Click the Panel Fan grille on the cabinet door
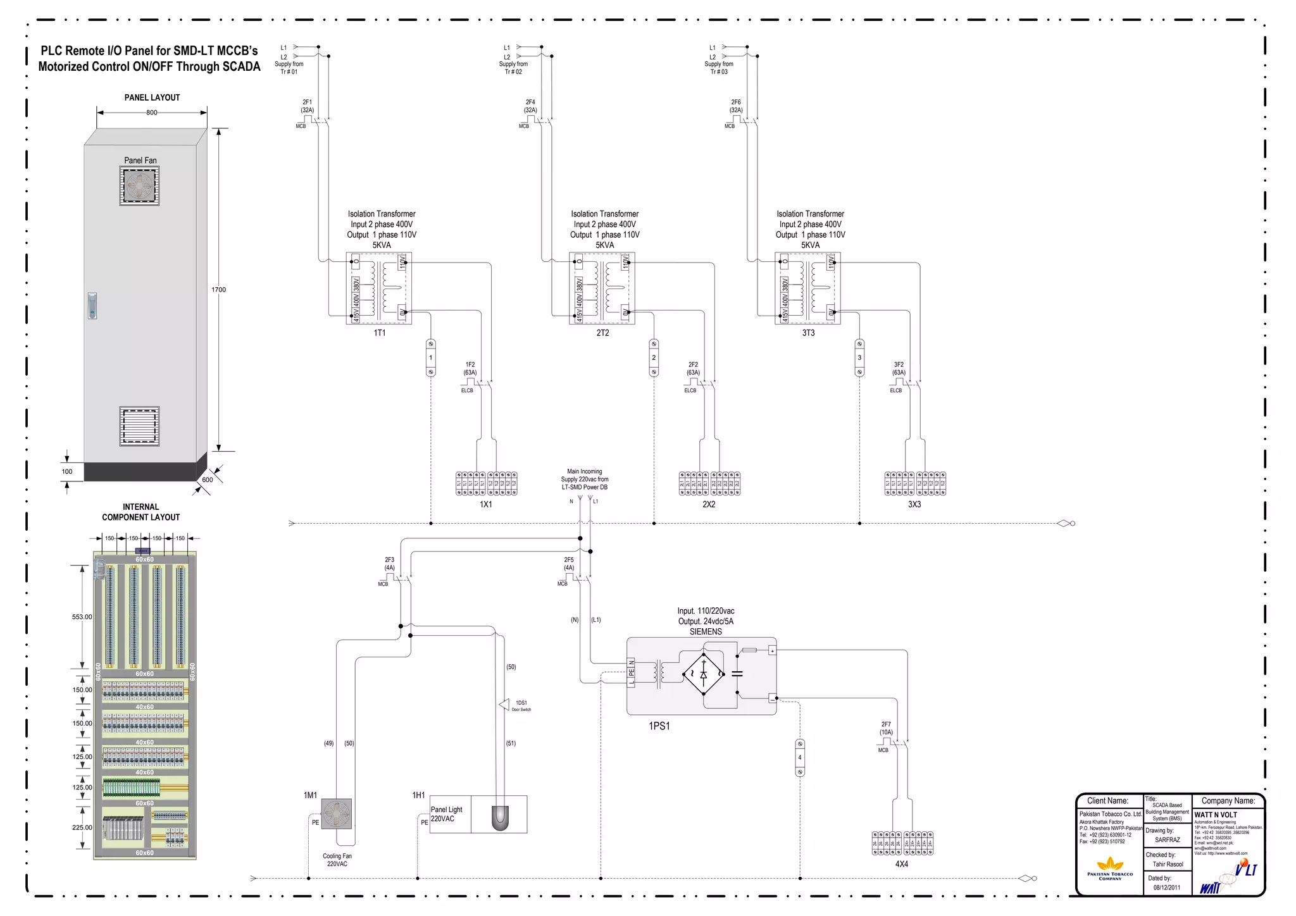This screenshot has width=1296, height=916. point(139,185)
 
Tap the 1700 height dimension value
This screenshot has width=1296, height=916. point(218,290)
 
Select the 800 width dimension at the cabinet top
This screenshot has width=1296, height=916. point(152,113)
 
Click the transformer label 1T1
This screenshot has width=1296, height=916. point(379,333)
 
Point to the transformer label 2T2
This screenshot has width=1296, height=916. point(602,333)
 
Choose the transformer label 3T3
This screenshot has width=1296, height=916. point(808,333)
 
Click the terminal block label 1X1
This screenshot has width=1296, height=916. point(486,504)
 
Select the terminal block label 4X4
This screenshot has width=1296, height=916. point(902,864)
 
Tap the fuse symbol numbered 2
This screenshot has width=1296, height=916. point(654,357)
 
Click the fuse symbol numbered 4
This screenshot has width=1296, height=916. point(800,757)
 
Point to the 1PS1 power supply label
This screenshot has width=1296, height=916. point(659,726)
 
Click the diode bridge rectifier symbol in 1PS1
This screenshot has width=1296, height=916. point(704,674)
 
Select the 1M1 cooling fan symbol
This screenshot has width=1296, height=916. point(336,814)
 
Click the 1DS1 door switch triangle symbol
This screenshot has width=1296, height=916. point(504,704)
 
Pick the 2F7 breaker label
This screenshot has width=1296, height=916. point(886,724)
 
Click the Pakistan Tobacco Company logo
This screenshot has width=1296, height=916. point(1110,867)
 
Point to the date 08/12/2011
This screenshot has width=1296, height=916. point(1166,888)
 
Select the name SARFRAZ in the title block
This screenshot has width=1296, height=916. point(1167,840)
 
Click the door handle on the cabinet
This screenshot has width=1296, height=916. point(92,306)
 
